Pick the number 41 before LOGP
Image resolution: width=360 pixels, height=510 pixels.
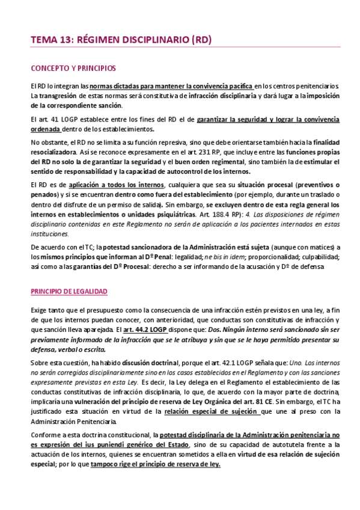pos(55,119)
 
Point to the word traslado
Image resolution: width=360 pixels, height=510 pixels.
pos(308,194)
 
